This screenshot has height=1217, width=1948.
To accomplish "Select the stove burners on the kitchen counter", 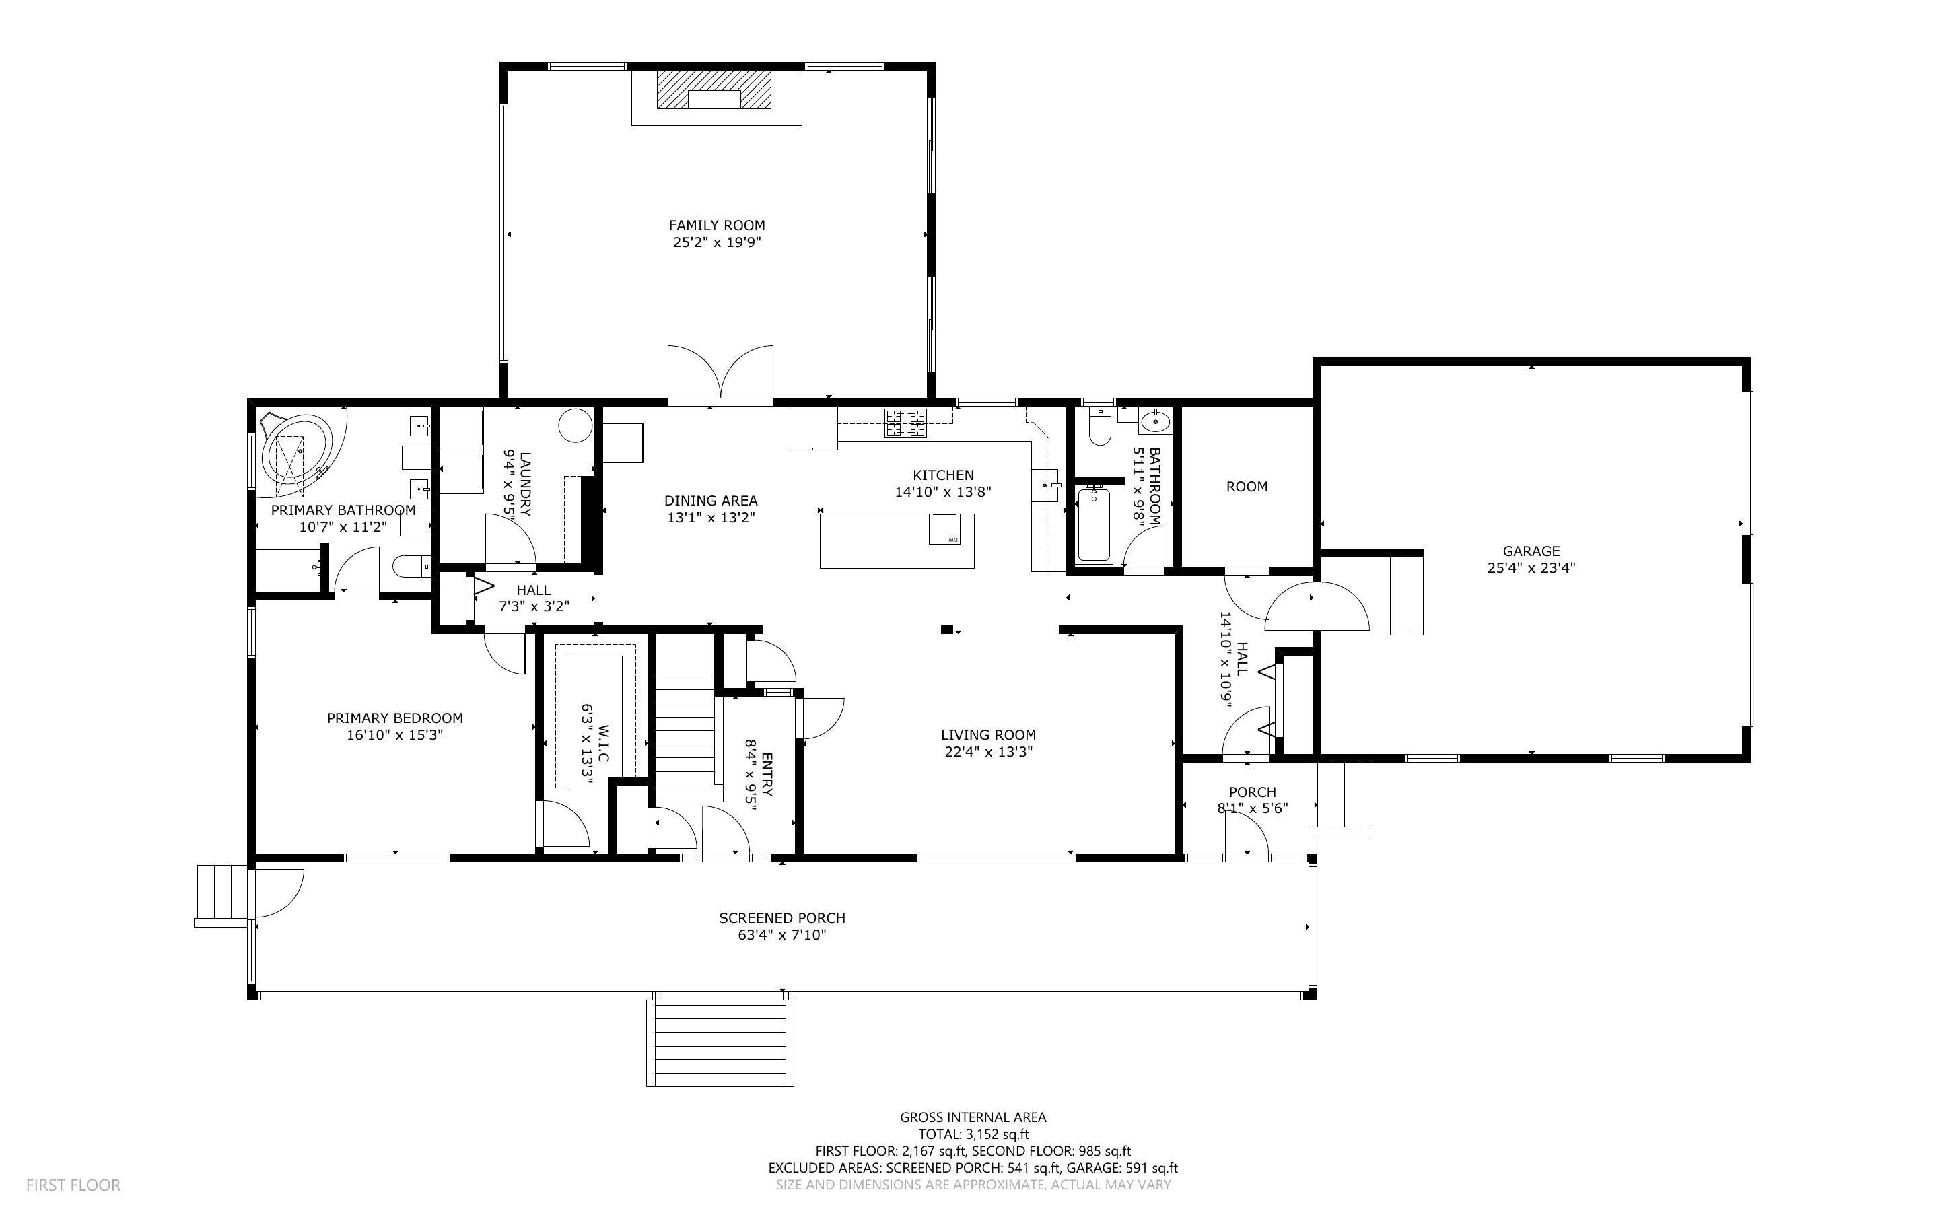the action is pyautogui.click(x=905, y=423).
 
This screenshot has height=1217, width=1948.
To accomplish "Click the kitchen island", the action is pyautogui.click(x=897, y=541).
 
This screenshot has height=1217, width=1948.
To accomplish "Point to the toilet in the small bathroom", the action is pyautogui.click(x=1099, y=426).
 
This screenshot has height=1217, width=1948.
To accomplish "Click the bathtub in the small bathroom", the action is pyautogui.click(x=1094, y=524).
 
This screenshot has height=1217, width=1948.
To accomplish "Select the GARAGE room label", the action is pyautogui.click(x=1531, y=551).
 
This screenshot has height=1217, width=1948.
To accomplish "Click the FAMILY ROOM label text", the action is pyautogui.click(x=717, y=225).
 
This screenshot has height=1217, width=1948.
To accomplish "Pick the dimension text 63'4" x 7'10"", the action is pyautogui.click(x=782, y=935).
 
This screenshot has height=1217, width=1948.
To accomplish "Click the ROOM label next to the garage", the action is pyautogui.click(x=1247, y=486).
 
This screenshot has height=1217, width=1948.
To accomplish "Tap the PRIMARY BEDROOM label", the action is pyautogui.click(x=395, y=718).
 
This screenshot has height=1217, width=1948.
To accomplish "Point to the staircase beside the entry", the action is pyautogui.click(x=685, y=728).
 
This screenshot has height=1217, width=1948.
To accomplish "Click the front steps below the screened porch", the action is pyautogui.click(x=720, y=1043).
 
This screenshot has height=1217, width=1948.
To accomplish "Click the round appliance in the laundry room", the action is pyautogui.click(x=576, y=425).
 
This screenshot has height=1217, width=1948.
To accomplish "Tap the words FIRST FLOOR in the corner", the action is pyautogui.click(x=73, y=1185).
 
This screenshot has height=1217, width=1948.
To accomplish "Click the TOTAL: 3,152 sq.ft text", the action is pyautogui.click(x=973, y=1134).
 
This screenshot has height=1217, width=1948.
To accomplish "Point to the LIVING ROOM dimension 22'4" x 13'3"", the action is pyautogui.click(x=988, y=752).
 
